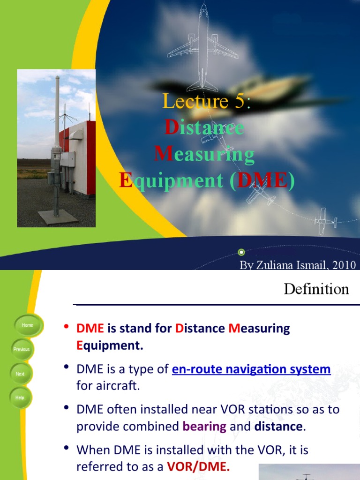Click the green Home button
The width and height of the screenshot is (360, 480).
point(27,325)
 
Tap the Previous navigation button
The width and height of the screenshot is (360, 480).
point(22,349)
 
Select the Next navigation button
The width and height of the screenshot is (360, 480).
point(20,374)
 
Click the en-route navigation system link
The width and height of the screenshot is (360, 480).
point(251,369)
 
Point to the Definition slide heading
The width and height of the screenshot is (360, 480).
point(316,289)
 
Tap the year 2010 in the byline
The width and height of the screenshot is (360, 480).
point(344,265)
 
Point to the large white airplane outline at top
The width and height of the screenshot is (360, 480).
point(203,47)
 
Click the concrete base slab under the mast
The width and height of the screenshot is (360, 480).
point(57,217)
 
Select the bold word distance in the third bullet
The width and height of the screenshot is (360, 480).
point(278,427)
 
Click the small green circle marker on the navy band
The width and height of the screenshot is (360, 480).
point(241,251)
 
